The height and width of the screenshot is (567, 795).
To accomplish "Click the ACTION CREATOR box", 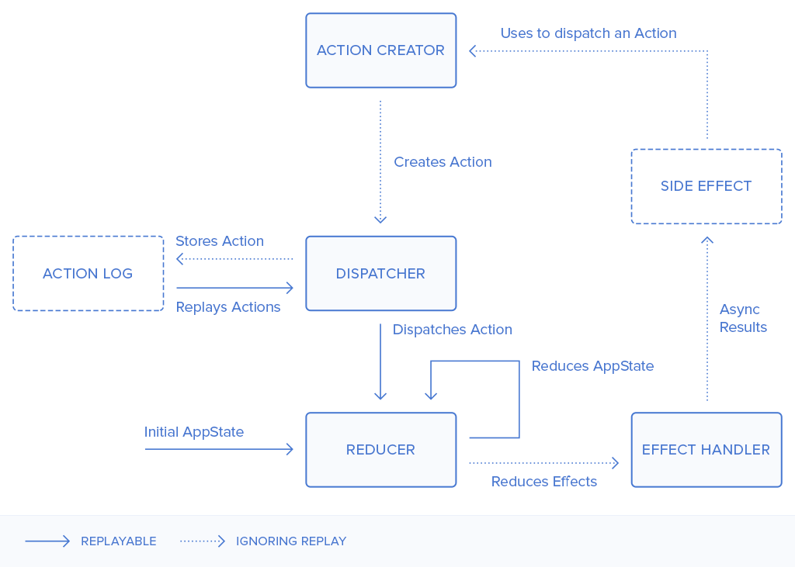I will point(380,50).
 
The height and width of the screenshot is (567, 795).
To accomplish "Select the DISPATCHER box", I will point(380,274).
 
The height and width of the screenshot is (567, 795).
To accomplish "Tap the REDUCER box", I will point(380,450).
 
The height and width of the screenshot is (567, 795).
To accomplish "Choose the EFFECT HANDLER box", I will point(706,450).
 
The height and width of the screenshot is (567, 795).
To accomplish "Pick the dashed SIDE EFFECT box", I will point(706,186).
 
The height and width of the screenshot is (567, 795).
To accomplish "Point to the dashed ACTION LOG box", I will point(88,274).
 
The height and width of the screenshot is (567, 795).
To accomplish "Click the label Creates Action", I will point(443,162).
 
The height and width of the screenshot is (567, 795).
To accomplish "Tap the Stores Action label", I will point(220,241).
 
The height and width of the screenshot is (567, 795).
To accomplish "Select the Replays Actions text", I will point(228,307).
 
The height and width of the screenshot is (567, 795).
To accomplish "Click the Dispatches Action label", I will point(453,330).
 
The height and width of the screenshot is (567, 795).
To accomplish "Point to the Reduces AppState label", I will point(592,366).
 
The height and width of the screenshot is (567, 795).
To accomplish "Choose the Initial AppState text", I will point(194,432).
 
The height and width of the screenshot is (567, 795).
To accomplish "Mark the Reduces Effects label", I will point(544,482).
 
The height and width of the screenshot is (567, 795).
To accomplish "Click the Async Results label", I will point(743,319).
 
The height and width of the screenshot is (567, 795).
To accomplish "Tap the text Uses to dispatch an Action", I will point(588,33).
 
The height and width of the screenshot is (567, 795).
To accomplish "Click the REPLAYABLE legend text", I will point(119,541).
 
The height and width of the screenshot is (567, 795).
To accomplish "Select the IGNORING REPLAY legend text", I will point(291,541).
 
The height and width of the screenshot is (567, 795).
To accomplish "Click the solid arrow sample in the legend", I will point(47,541).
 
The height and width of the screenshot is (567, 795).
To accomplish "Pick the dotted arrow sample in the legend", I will point(202,541).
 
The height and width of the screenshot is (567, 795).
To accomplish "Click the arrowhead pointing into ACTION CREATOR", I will point(473,51).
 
